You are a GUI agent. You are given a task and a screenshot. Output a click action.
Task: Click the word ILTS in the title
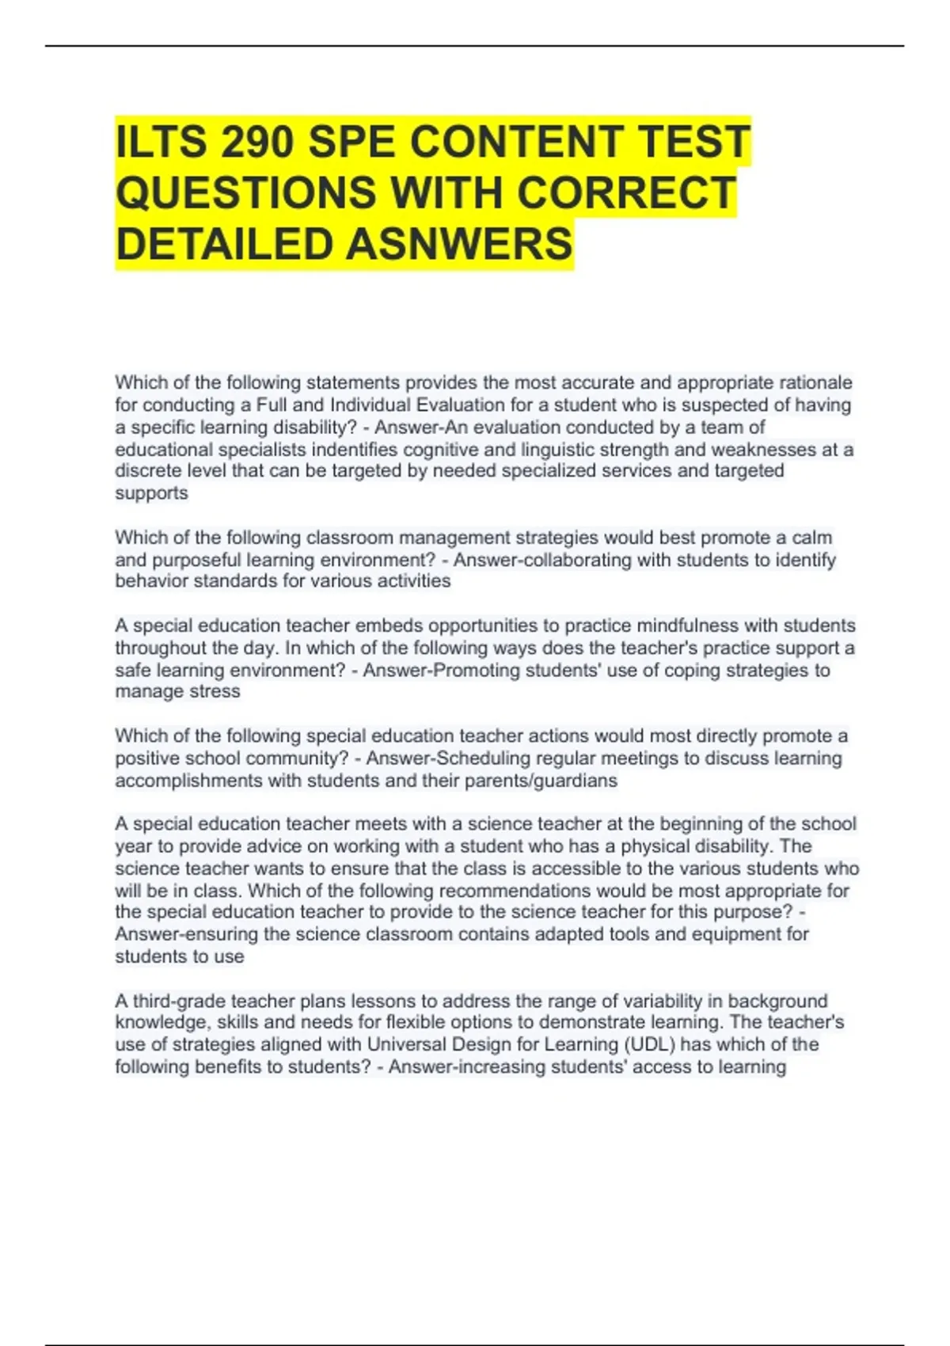pos(161,143)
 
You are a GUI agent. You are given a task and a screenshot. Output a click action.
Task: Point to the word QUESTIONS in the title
pos(245,193)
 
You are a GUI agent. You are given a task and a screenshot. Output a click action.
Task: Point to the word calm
pos(811,538)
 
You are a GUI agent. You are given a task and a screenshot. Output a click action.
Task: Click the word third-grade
pos(179,1001)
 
